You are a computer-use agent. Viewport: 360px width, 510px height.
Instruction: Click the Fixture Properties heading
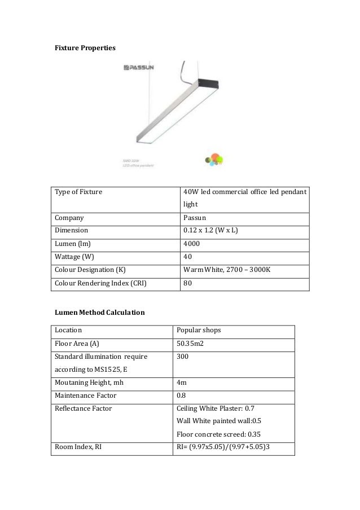[85, 49]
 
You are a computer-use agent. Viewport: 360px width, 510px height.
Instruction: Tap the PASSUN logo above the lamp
[141, 67]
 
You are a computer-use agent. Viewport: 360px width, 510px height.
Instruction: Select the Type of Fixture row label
[78, 192]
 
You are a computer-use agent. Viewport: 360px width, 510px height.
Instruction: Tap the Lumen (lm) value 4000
[191, 244]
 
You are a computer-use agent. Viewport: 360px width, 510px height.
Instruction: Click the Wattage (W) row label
[74, 257]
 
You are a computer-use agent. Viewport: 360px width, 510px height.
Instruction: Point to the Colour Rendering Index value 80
[188, 283]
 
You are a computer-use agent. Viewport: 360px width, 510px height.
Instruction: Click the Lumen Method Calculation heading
[100, 311]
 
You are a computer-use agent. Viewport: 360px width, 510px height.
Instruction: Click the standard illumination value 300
[183, 357]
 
